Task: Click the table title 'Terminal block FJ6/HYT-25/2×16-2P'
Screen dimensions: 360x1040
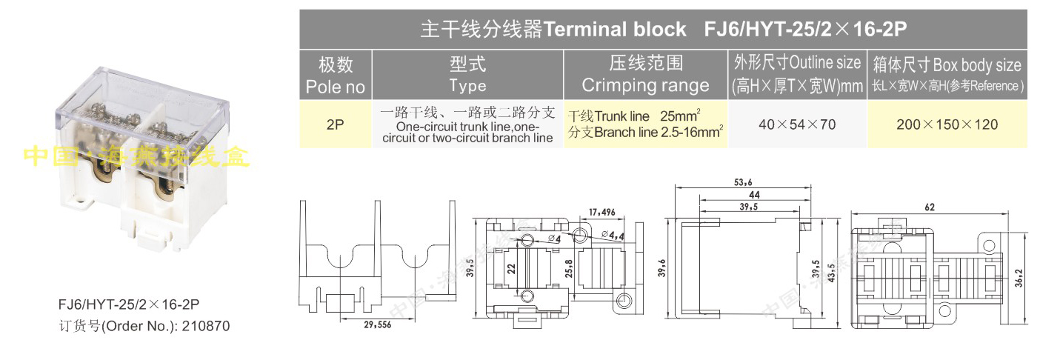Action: coord(664,29)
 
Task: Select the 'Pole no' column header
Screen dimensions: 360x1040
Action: coord(336,76)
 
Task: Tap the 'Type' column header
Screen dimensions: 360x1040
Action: coord(467,76)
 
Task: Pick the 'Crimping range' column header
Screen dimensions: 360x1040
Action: coord(645,76)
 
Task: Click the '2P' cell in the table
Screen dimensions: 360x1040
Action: coord(336,124)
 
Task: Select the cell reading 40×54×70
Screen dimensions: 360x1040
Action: coord(797,124)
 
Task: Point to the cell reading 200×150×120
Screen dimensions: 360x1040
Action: coord(947,124)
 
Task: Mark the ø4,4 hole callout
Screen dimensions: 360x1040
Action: coord(614,235)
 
